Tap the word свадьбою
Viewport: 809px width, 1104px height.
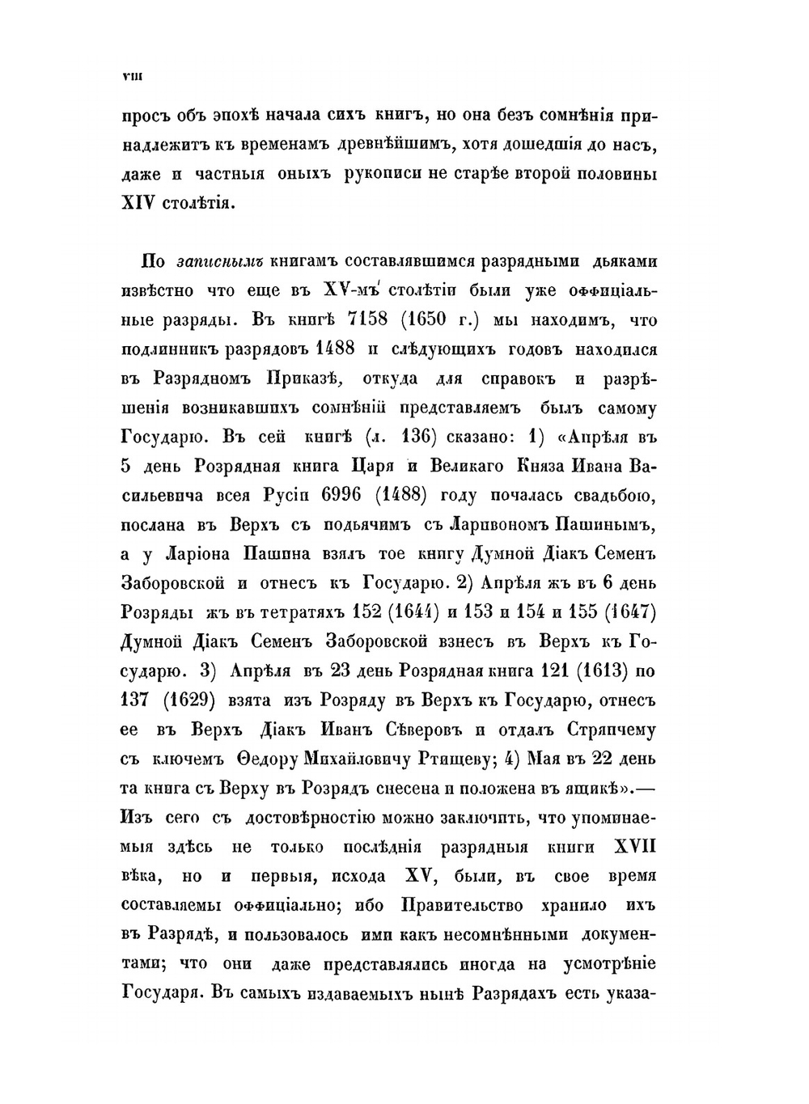[599, 496]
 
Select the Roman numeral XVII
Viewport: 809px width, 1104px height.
[635, 846]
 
